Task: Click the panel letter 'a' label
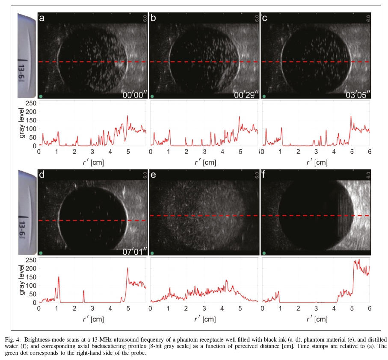[x=42, y=18]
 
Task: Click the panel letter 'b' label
[x=153, y=18]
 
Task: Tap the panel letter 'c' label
[x=264, y=18]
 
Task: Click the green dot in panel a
[x=41, y=96]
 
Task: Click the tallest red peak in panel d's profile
[x=127, y=269]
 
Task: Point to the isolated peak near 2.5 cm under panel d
[x=84, y=292]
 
